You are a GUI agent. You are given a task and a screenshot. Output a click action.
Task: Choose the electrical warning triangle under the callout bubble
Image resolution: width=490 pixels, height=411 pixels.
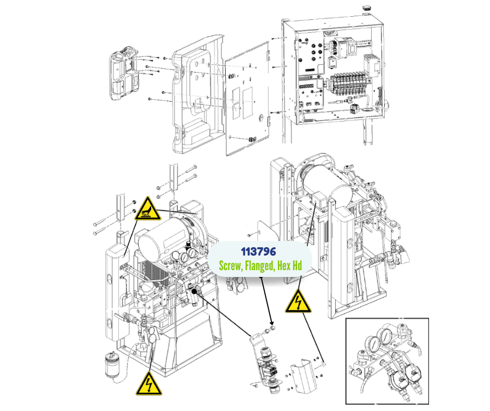[x=298, y=301]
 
